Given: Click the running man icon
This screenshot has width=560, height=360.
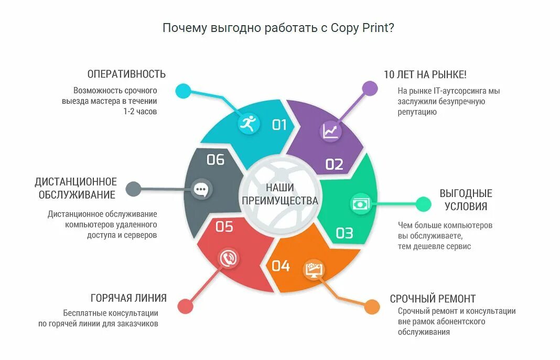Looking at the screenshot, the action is (247, 124).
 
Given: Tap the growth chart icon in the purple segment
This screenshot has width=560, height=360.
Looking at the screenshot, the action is (331, 130).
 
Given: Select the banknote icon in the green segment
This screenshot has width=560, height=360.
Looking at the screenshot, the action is (360, 203).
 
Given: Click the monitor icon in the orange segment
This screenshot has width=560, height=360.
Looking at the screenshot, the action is (315, 269).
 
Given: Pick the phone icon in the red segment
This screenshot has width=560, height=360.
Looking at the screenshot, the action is (229, 258).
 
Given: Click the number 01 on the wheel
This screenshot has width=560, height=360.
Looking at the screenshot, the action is (279, 125).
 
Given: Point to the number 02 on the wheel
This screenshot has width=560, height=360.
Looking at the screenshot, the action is (334, 165).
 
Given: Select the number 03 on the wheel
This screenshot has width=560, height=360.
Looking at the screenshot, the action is (344, 233).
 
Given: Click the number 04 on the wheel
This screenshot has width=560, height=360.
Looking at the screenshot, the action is (281, 266).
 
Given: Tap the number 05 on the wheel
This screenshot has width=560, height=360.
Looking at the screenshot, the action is (224, 226).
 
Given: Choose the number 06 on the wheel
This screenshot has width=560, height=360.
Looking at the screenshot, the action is (216, 159).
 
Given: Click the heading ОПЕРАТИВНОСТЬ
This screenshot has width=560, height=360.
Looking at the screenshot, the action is (126, 74).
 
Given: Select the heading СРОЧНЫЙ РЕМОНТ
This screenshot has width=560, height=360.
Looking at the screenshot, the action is (433, 299).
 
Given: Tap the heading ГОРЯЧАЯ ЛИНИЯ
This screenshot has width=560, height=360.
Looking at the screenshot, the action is (128, 298).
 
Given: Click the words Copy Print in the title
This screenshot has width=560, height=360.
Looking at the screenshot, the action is (362, 28).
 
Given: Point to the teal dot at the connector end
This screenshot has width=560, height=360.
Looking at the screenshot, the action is (183, 91).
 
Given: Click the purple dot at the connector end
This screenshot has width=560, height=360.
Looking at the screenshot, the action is (370, 89).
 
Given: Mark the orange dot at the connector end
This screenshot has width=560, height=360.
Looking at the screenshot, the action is (372, 307).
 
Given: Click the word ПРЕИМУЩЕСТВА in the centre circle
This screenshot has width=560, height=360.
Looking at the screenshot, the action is (279, 201).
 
